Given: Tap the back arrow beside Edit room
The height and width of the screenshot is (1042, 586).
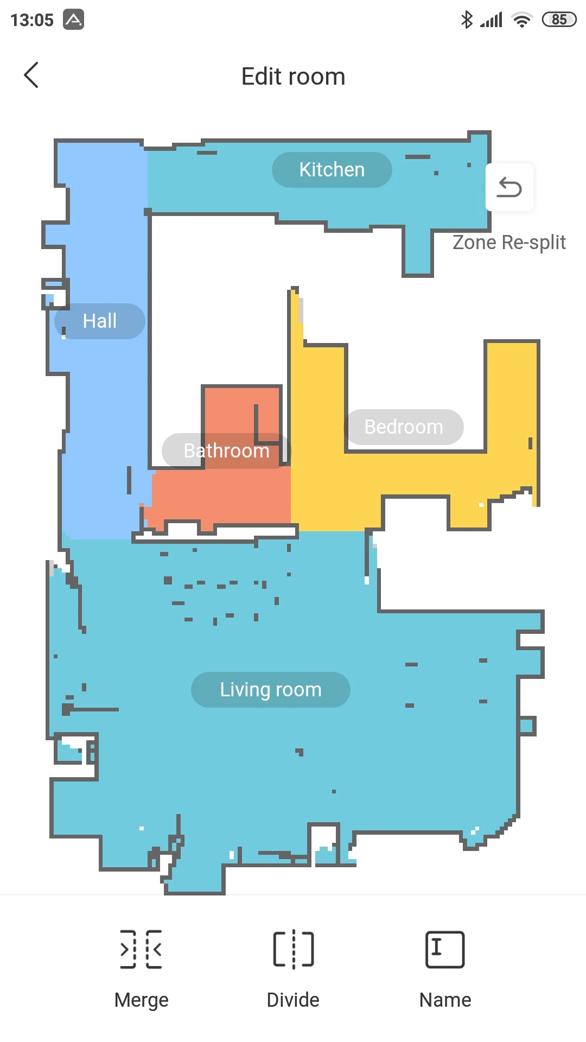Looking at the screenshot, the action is pyautogui.click(x=31, y=75).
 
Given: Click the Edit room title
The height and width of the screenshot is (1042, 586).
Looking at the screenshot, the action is pyautogui.click(x=293, y=77).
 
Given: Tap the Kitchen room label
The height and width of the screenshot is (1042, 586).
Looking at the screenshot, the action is pyautogui.click(x=332, y=170).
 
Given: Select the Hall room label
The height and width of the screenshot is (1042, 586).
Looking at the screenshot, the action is pyautogui.click(x=100, y=321).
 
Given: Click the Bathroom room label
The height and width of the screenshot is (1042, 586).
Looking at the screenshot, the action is pyautogui.click(x=227, y=451).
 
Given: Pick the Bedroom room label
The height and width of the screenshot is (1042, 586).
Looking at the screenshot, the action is pyautogui.click(x=404, y=427).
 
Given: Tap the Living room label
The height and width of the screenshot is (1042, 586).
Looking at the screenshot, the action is pyautogui.click(x=271, y=690).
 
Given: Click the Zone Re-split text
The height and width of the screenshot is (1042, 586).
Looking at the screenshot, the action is pyautogui.click(x=509, y=243).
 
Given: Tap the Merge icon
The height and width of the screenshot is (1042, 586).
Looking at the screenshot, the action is pyautogui.click(x=141, y=949).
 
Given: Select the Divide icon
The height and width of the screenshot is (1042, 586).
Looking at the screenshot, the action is pyautogui.click(x=294, y=949).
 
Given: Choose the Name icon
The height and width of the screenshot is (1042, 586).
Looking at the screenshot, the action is pyautogui.click(x=445, y=950).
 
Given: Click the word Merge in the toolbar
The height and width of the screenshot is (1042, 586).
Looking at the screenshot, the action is pyautogui.click(x=142, y=1000).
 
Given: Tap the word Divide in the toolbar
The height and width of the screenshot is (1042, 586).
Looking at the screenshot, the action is pyautogui.click(x=293, y=1000).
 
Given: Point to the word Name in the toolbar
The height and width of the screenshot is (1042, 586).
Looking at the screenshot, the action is pyautogui.click(x=445, y=1000).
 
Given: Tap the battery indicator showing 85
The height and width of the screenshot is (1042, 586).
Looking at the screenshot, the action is pyautogui.click(x=559, y=20).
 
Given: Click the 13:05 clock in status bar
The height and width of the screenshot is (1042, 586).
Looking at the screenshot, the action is pyautogui.click(x=32, y=20).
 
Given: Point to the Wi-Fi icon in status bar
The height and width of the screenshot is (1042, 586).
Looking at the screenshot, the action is pyautogui.click(x=522, y=20).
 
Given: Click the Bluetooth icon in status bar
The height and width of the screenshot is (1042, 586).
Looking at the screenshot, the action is pyautogui.click(x=467, y=20).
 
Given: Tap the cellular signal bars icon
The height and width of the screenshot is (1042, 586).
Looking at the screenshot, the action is pyautogui.click(x=492, y=20).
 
